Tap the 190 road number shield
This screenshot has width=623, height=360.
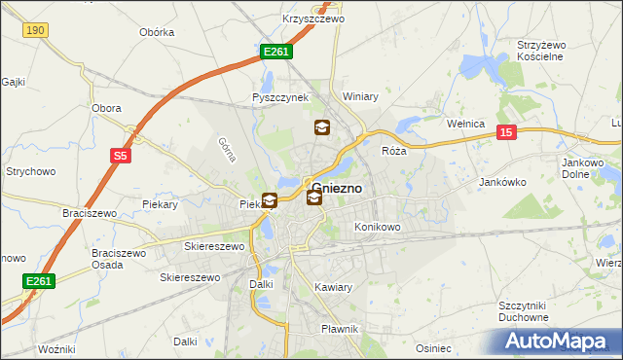click(x=36, y=31)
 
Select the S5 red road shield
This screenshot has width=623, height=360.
click(x=120, y=155)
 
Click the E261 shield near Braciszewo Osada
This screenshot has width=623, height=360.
click(x=38, y=281)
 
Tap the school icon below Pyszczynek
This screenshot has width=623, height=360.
click(x=322, y=126)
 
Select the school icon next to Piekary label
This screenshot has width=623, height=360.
click(x=269, y=201)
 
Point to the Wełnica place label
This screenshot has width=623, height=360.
click(x=464, y=124)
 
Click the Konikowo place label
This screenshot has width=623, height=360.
click(x=378, y=227)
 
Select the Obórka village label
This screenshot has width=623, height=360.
click(x=157, y=32)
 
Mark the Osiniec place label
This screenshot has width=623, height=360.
click(x=433, y=348)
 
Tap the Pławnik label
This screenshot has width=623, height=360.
click(x=341, y=329)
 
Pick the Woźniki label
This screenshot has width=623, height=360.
click(x=56, y=348)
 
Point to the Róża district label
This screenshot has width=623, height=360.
click(x=393, y=151)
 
